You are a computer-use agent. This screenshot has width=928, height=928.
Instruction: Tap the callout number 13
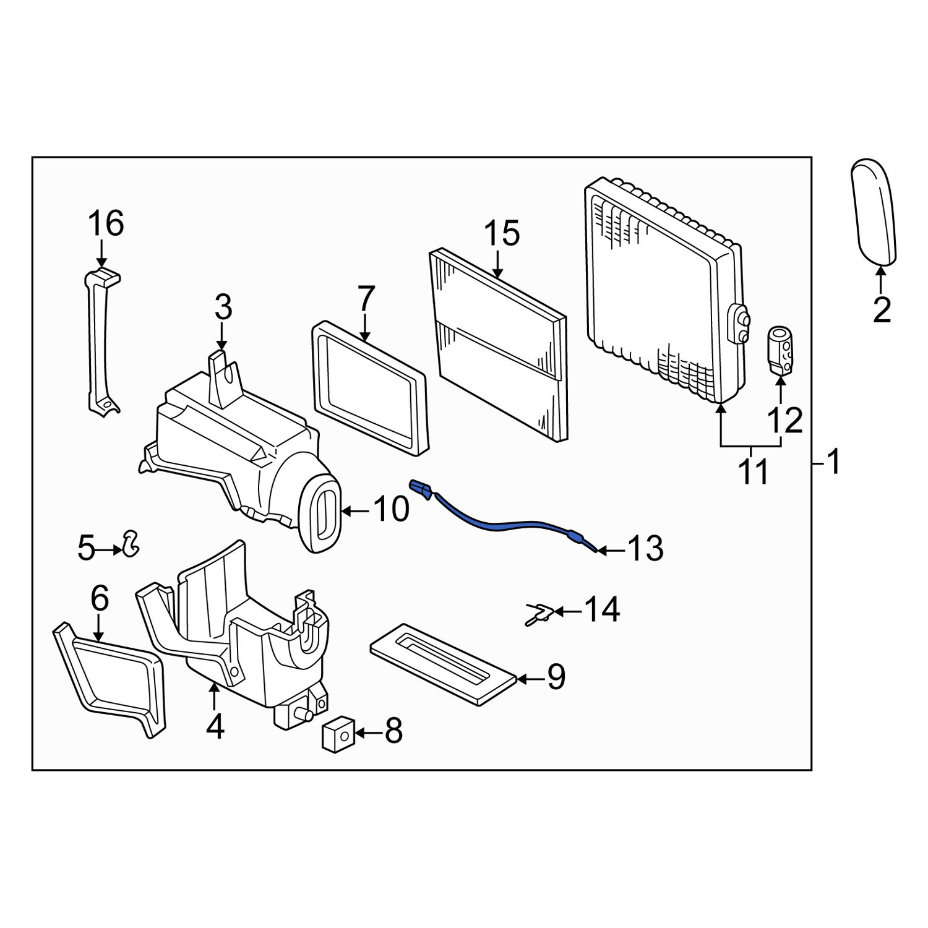pyautogui.click(x=645, y=549)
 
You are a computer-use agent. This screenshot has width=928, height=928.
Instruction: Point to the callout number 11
pyautogui.click(x=752, y=473)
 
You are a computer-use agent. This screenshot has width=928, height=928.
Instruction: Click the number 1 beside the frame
pyautogui.click(x=834, y=462)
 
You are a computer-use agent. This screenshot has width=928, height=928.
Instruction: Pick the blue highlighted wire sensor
pyautogui.click(x=507, y=521)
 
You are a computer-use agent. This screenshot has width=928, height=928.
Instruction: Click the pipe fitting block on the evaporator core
pyautogui.click(x=739, y=323)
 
